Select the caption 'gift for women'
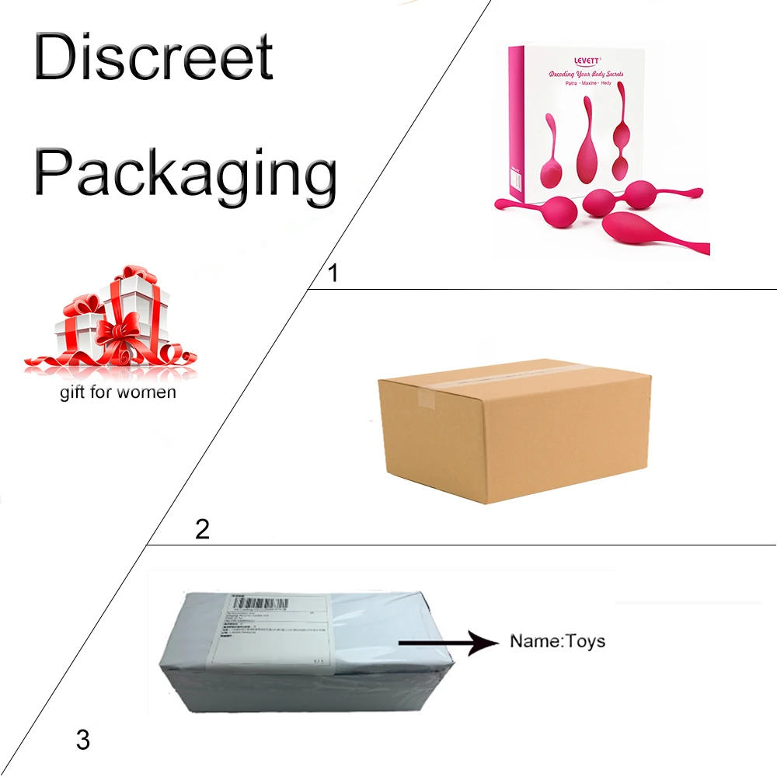click(x=118, y=392)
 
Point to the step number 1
click(x=333, y=274)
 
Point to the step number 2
click(x=202, y=529)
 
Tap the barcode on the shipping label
click(x=260, y=603)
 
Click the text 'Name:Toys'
click(x=556, y=642)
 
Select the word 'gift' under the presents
click(x=72, y=392)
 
